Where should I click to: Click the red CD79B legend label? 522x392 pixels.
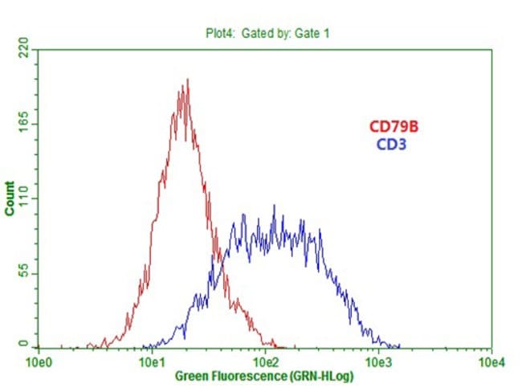pyautogui.click(x=393, y=126)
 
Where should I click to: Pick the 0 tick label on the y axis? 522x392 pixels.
pyautogui.click(x=22, y=343)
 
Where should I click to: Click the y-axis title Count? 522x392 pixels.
pyautogui.click(x=10, y=198)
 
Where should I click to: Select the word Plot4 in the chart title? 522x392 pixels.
pyautogui.click(x=214, y=33)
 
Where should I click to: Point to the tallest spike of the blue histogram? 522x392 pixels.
pyautogui.click(x=275, y=206)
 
